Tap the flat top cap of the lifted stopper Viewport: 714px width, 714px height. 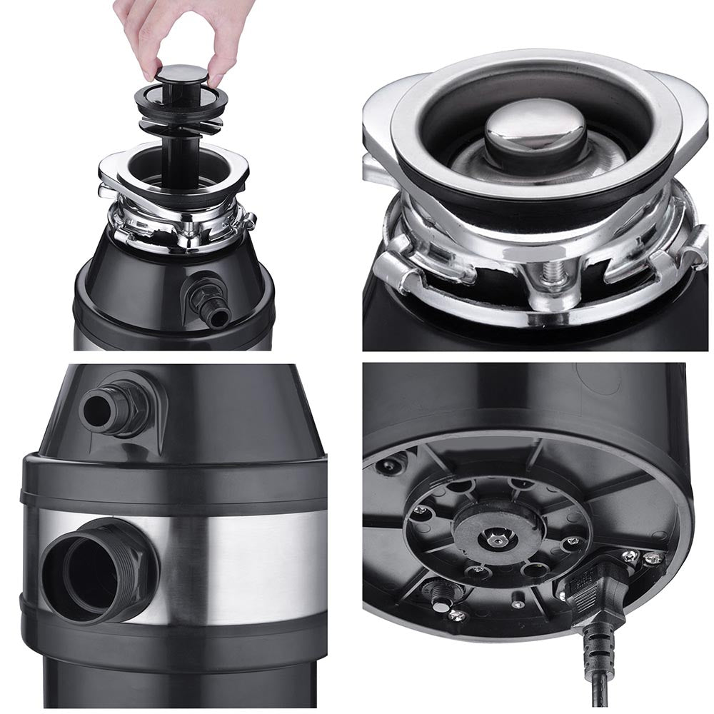pyautogui.click(x=182, y=72)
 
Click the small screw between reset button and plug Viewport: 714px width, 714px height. pyautogui.click(x=517, y=604)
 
